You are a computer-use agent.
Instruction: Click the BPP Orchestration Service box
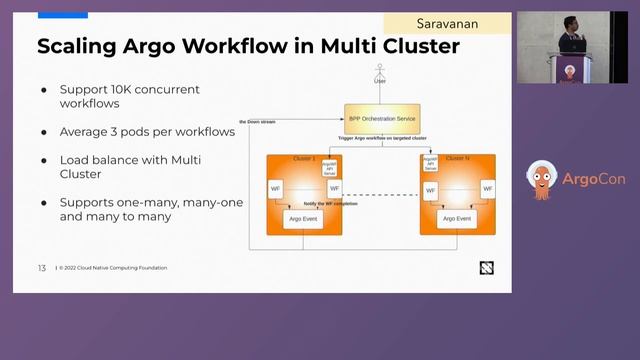tap(382, 118)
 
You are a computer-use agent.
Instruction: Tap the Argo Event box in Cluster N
tap(457, 218)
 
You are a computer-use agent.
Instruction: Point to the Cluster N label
tap(459, 158)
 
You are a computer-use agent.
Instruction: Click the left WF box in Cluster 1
tap(275, 188)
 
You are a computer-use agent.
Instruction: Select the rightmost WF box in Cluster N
tap(487, 188)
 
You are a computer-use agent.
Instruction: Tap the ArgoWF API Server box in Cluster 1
tap(329, 166)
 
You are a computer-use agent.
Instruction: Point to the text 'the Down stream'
tap(259, 122)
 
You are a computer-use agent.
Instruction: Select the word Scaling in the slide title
tap(78, 47)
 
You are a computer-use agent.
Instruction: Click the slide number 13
tap(42, 268)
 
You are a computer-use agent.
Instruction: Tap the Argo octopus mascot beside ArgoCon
tap(542, 180)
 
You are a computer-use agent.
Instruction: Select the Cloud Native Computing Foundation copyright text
tap(112, 268)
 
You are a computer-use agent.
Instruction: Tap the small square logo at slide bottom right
tap(486, 267)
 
